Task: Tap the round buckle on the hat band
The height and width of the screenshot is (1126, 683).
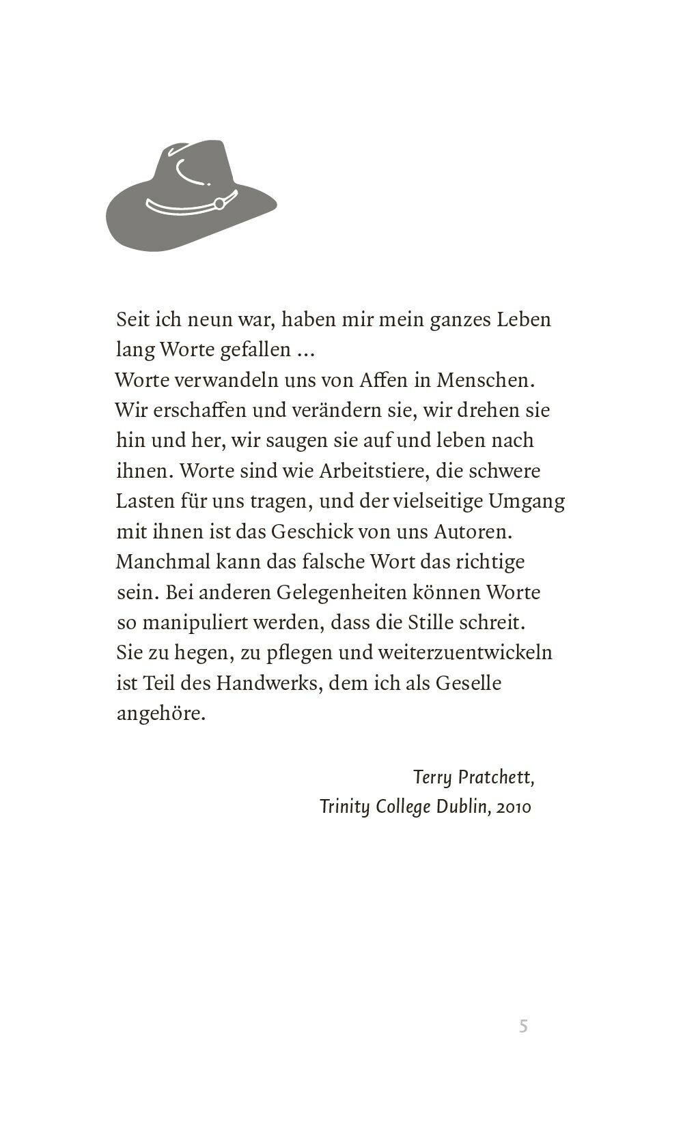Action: click(219, 203)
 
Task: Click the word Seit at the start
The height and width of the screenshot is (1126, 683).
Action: click(133, 319)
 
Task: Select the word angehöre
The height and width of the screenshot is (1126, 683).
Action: click(161, 713)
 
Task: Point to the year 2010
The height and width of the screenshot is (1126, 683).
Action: click(514, 807)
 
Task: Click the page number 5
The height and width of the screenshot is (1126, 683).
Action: click(523, 1026)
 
